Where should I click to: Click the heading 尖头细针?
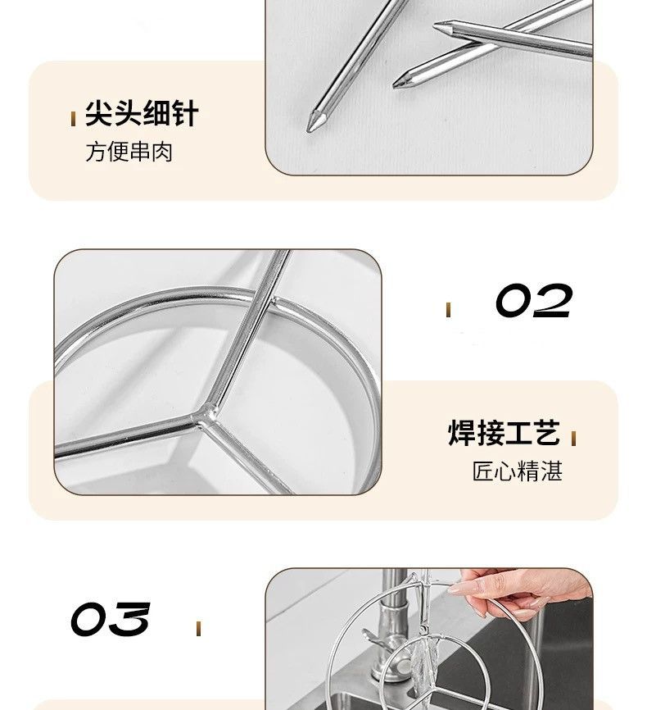(x=142, y=114)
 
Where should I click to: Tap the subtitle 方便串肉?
(x=129, y=152)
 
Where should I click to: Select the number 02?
(x=533, y=300)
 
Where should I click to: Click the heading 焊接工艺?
(x=504, y=432)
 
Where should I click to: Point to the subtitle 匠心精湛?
(x=517, y=471)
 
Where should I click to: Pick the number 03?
(x=110, y=619)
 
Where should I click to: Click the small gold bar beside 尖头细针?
(x=73, y=119)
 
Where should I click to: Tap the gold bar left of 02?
(x=448, y=310)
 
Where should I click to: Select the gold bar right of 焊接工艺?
(x=573, y=439)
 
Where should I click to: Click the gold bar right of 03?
(x=198, y=629)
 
